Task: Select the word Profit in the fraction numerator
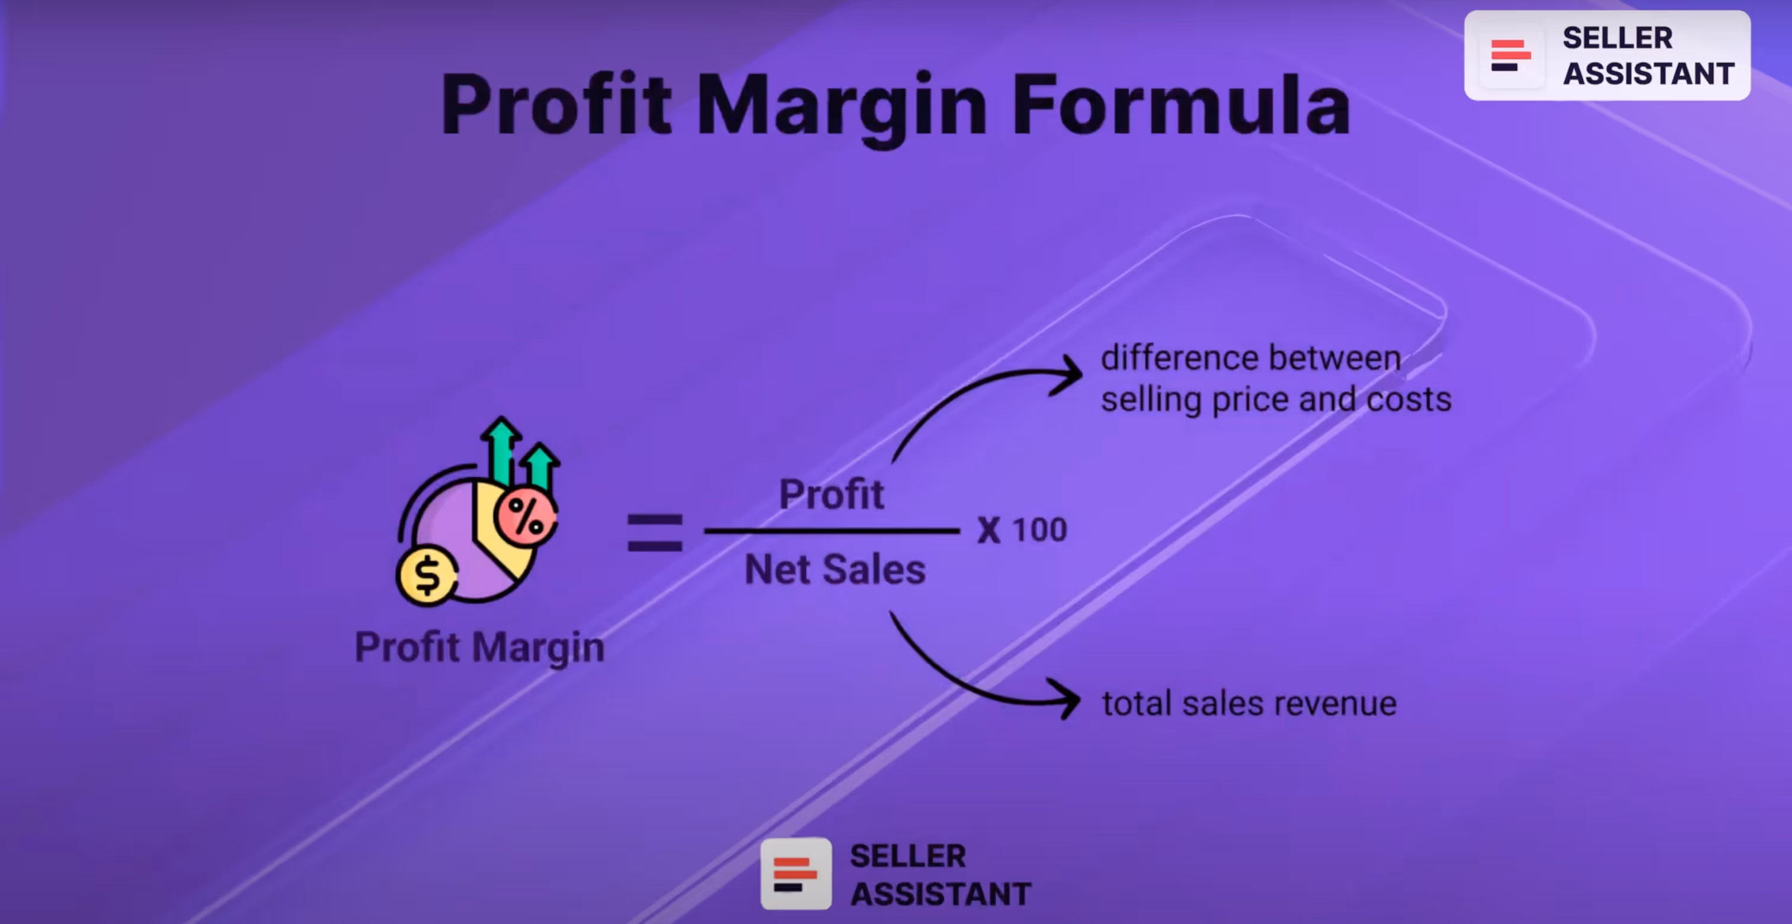tap(831, 495)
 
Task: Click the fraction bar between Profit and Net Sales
tap(831, 531)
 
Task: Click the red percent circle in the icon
tap(526, 516)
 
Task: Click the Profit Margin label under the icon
tap(479, 647)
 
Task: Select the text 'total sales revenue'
tap(1249, 704)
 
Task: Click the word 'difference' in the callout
tap(1180, 358)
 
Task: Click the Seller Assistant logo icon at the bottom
tap(796, 874)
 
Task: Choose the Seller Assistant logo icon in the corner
tap(1511, 56)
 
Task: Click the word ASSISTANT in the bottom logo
tap(940, 894)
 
